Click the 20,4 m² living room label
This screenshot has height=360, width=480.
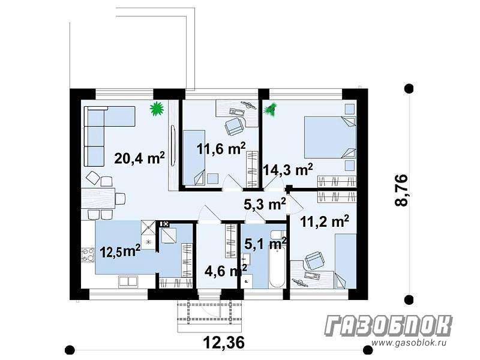point(140,158)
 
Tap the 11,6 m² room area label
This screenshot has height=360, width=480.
point(221,149)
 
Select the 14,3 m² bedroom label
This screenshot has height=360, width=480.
point(288,170)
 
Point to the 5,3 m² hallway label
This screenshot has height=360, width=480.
point(265,204)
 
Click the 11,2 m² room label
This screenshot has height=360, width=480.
point(325,221)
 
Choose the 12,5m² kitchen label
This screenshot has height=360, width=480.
point(121,251)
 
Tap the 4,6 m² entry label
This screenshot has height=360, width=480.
point(226,271)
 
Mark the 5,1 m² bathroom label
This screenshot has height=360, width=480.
point(265,244)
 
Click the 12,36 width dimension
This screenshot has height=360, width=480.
point(224,342)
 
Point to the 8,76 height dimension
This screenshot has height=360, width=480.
point(401,190)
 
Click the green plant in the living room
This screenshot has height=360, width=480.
point(157,109)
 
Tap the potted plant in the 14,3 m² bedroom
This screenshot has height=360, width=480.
point(271,110)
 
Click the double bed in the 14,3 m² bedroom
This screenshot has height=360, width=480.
point(329,138)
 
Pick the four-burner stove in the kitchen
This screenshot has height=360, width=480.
point(88,255)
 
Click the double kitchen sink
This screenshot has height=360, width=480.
point(128,281)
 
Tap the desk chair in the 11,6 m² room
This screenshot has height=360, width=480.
point(234,126)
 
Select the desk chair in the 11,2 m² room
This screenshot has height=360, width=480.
point(314,261)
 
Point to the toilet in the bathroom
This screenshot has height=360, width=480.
point(278,235)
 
